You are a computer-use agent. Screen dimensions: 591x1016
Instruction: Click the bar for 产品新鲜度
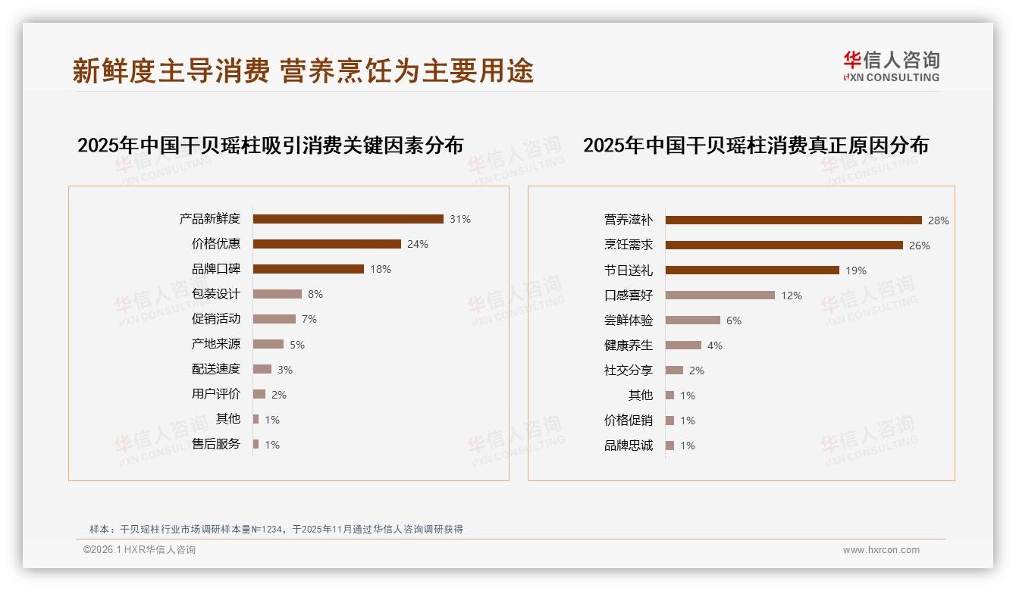(x=348, y=219)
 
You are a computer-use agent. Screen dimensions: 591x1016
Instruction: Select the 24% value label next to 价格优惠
(x=418, y=244)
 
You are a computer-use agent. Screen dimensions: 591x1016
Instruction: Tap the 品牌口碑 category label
(x=216, y=269)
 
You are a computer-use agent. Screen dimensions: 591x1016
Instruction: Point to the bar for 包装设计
(x=278, y=294)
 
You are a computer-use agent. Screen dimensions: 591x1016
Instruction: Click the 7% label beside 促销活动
(x=309, y=320)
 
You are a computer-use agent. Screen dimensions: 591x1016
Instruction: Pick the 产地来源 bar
(x=268, y=344)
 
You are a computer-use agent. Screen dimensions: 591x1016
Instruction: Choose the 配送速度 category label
(x=216, y=369)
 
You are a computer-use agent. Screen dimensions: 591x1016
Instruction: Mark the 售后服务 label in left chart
(x=216, y=444)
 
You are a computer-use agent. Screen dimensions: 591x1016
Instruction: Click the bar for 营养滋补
(x=793, y=220)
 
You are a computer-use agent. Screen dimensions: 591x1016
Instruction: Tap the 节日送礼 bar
(x=752, y=270)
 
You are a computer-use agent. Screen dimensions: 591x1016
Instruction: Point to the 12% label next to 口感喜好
(x=792, y=295)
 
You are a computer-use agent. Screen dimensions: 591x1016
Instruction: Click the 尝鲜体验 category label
(x=629, y=321)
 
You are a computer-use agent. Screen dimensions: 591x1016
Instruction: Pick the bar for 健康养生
(x=683, y=346)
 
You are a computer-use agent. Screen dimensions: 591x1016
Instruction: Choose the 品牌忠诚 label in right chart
(x=629, y=446)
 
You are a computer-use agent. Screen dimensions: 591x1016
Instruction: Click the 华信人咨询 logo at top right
(x=891, y=67)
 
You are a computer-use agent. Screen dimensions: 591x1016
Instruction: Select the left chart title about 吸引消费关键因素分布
(x=270, y=145)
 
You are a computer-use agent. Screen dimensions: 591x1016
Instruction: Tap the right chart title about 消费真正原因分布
(x=755, y=145)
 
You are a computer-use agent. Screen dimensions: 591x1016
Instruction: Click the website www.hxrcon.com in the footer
(x=881, y=550)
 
